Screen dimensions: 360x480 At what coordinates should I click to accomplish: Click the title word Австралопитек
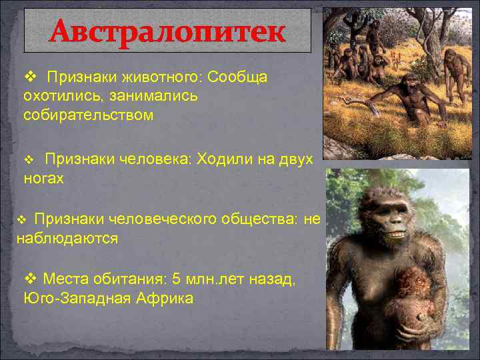[167, 31]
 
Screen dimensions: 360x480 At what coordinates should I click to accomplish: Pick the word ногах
[43, 178]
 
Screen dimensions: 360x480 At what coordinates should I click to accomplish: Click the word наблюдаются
[67, 238]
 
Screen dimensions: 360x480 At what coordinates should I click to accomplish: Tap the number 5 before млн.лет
[175, 279]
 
